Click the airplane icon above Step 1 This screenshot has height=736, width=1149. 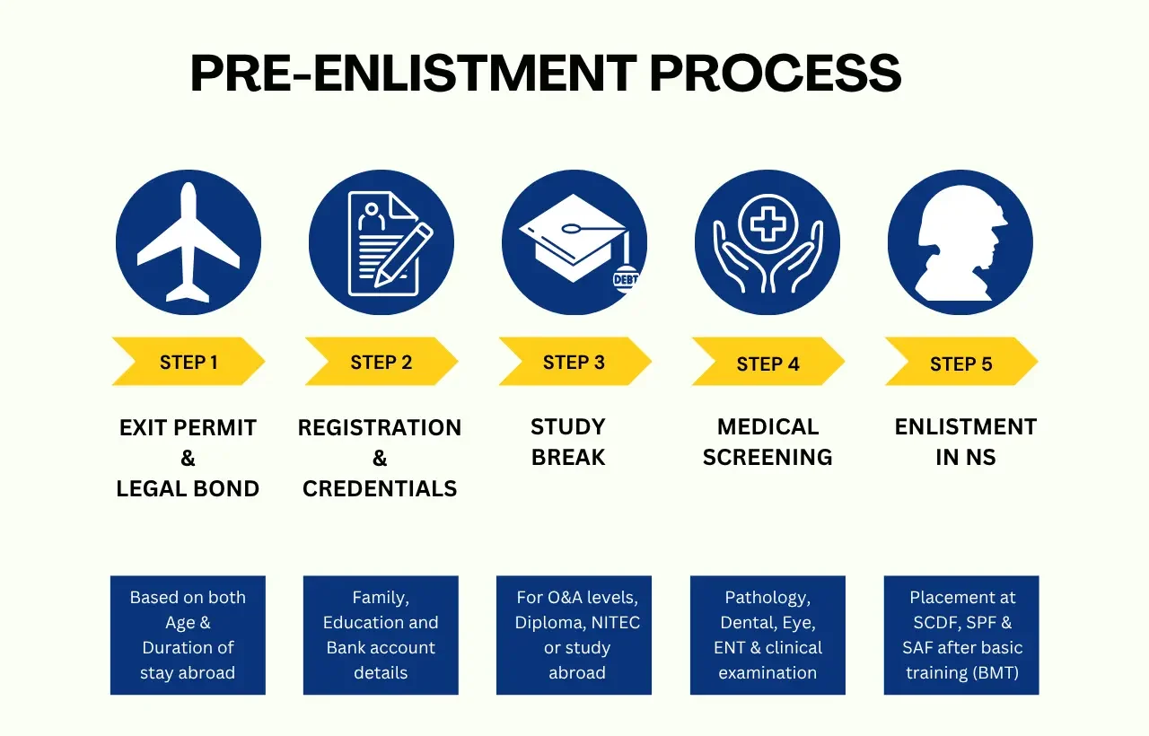(x=189, y=242)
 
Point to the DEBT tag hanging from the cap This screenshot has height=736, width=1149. (x=625, y=278)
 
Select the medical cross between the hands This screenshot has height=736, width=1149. (x=767, y=221)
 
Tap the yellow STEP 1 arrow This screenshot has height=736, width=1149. (x=189, y=362)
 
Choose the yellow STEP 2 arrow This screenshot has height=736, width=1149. (x=382, y=362)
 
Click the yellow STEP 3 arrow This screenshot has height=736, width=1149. (x=574, y=362)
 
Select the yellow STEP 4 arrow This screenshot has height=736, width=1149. (x=767, y=364)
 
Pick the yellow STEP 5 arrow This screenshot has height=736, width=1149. (x=960, y=364)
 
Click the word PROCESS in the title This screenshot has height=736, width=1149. (x=776, y=74)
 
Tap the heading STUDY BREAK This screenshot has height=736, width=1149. (x=568, y=442)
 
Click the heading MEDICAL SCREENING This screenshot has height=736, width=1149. (x=767, y=442)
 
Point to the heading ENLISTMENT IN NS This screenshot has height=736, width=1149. (x=966, y=442)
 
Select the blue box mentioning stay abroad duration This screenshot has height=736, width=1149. (x=188, y=635)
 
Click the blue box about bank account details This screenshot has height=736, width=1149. (x=381, y=635)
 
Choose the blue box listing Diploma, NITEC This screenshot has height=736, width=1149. (x=574, y=635)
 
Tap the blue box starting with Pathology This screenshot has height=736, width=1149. (x=767, y=635)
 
